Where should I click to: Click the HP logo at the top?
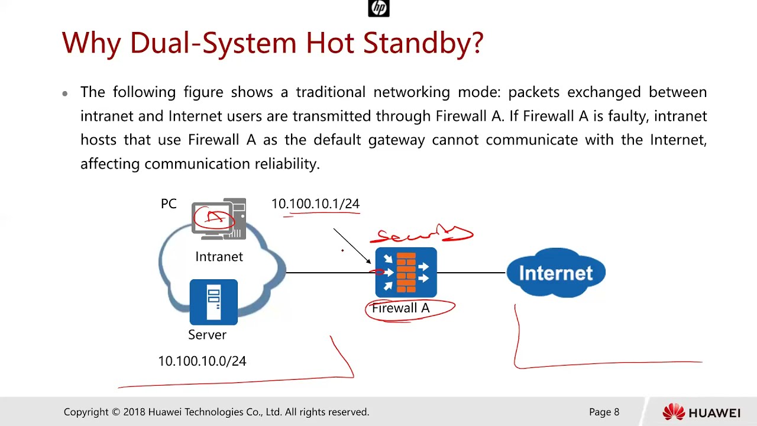[378, 8]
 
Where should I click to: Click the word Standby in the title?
[423, 43]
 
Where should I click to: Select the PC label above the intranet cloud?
[169, 204]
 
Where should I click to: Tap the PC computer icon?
[219, 219]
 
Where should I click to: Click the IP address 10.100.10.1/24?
[315, 204]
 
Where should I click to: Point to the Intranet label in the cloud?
[219, 257]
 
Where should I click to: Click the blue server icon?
[213, 302]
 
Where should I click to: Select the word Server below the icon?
[207, 335]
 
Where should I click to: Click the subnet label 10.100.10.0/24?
[202, 361]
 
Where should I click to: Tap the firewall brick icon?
[406, 273]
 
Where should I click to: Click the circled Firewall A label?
[401, 308]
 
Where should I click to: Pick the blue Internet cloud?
[556, 273]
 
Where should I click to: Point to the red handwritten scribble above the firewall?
[421, 235]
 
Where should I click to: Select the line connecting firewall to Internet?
[471, 273]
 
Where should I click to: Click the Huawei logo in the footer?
[701, 412]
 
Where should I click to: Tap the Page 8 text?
[604, 412]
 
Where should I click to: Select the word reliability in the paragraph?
[287, 164]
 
